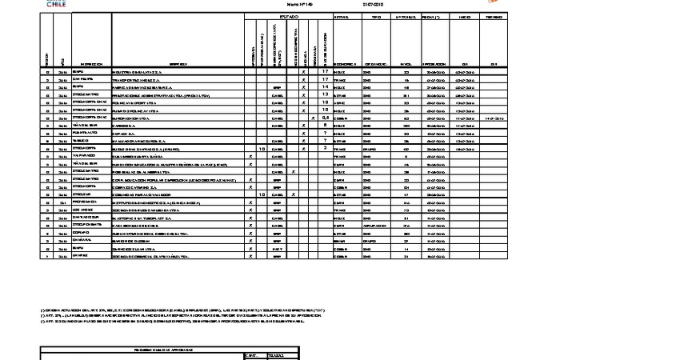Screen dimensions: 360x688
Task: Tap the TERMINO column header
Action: click(x=494, y=17)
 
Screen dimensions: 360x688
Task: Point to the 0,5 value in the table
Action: click(x=325, y=118)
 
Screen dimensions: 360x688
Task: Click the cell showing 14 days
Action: click(x=325, y=87)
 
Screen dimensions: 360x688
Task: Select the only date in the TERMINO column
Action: click(x=494, y=118)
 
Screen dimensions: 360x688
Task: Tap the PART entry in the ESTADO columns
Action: click(x=278, y=248)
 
